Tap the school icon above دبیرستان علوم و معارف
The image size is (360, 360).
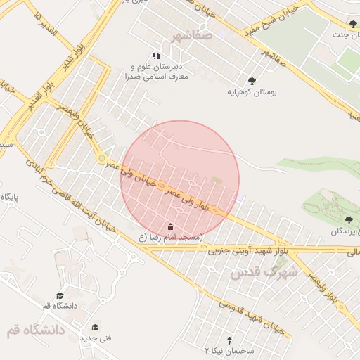tap(156, 56)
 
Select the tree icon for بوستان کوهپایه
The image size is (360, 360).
tap(252, 80)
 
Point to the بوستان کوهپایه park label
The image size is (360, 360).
tap(252, 92)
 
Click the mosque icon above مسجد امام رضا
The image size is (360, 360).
tap(169, 226)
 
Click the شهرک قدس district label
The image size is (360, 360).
tap(264, 271)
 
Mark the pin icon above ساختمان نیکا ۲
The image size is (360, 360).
tap(228, 339)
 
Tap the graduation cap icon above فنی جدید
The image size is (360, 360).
tap(95, 326)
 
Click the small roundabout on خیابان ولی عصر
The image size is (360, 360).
tap(102, 158)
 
